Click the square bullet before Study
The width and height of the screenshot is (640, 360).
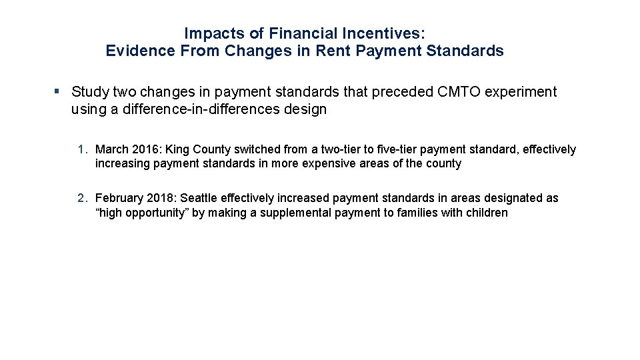[x=58, y=91]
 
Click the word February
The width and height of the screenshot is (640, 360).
[x=119, y=198]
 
